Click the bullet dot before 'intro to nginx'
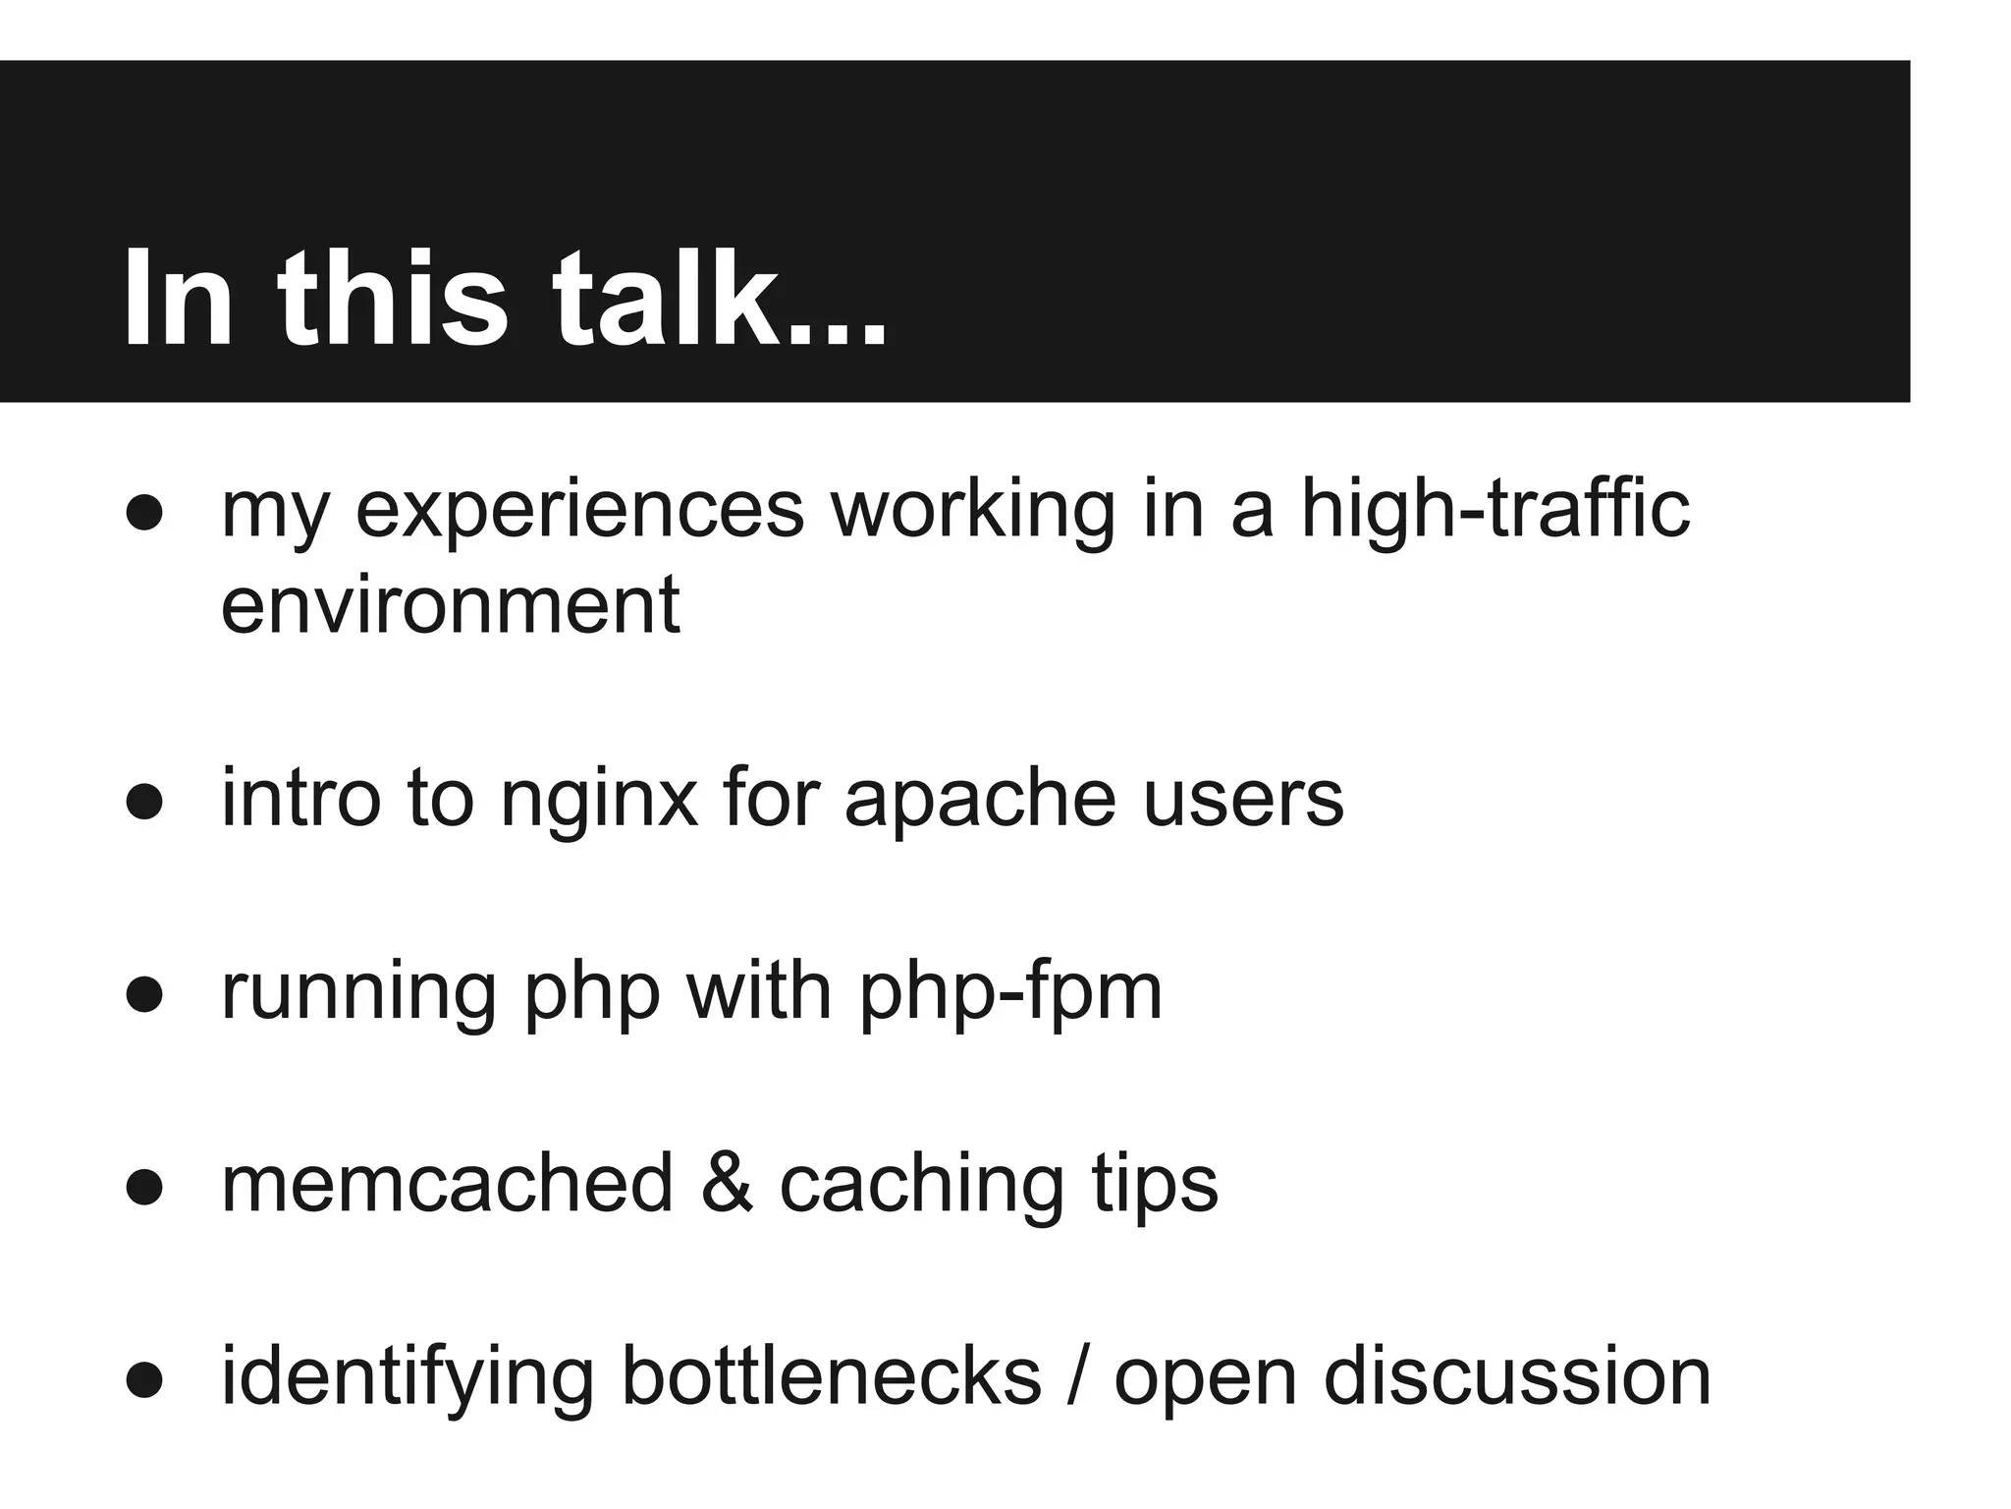click(x=144, y=801)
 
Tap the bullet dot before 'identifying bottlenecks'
click(x=144, y=1379)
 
